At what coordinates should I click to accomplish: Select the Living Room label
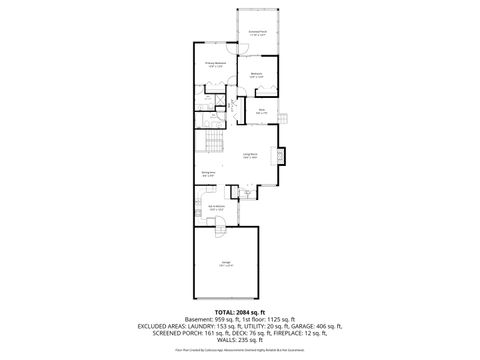click(250, 155)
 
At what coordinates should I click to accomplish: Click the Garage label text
click(227, 264)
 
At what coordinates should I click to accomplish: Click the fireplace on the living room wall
click(283, 156)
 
